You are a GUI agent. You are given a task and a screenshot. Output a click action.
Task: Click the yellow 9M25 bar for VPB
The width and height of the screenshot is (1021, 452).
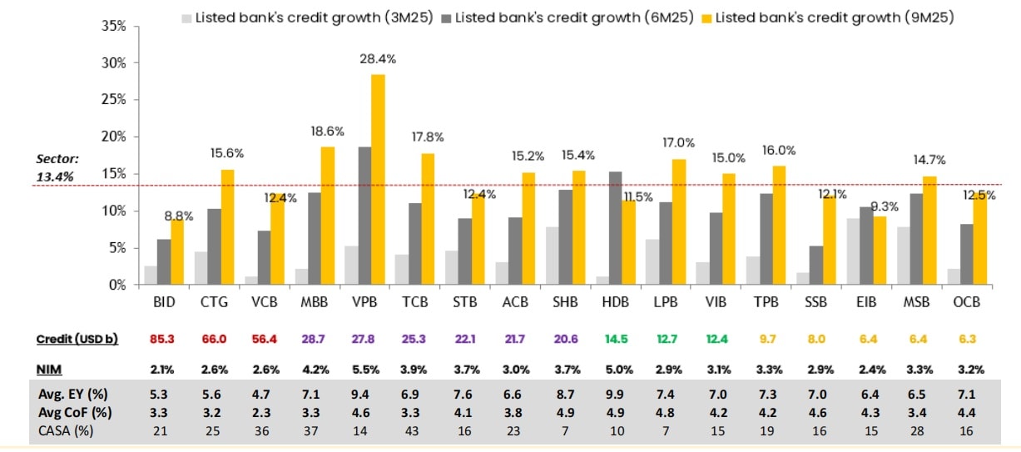[378, 179]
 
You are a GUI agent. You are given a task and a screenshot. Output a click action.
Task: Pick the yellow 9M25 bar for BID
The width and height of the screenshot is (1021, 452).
[177, 251]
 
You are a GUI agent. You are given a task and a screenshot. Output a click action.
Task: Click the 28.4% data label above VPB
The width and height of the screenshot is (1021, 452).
[378, 59]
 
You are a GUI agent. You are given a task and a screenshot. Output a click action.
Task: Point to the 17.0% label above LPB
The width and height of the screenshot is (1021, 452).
[679, 143]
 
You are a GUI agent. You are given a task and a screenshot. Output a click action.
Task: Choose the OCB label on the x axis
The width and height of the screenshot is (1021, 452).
[966, 302]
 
